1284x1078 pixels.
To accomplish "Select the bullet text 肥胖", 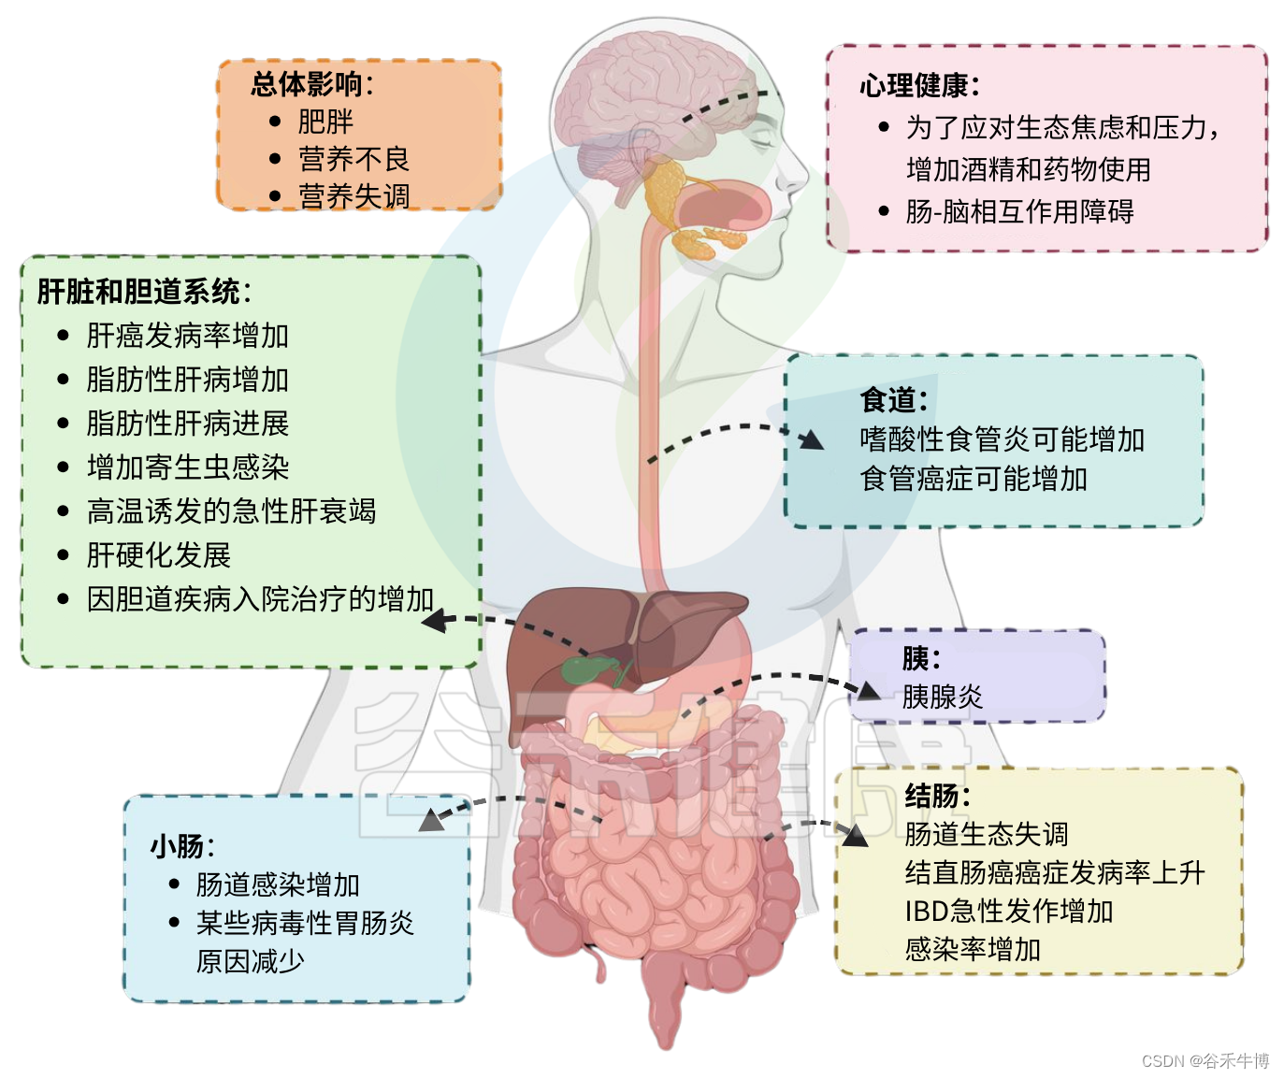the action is click(x=325, y=122).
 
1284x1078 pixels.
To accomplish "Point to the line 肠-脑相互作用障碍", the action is click(x=1019, y=212).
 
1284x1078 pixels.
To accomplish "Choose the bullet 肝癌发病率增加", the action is click(x=187, y=336).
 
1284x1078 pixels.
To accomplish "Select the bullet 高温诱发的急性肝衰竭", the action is click(x=231, y=511).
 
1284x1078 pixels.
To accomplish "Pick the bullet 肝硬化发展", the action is click(x=158, y=555).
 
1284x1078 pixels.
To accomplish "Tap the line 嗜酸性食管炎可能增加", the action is click(x=1002, y=439).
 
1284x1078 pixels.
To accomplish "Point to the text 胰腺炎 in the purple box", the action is click(x=942, y=697).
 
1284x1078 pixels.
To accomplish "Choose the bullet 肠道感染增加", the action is click(x=278, y=884).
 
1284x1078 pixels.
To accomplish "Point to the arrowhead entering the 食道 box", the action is click(x=812, y=439).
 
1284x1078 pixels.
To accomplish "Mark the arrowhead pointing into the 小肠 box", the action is click(x=432, y=820).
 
